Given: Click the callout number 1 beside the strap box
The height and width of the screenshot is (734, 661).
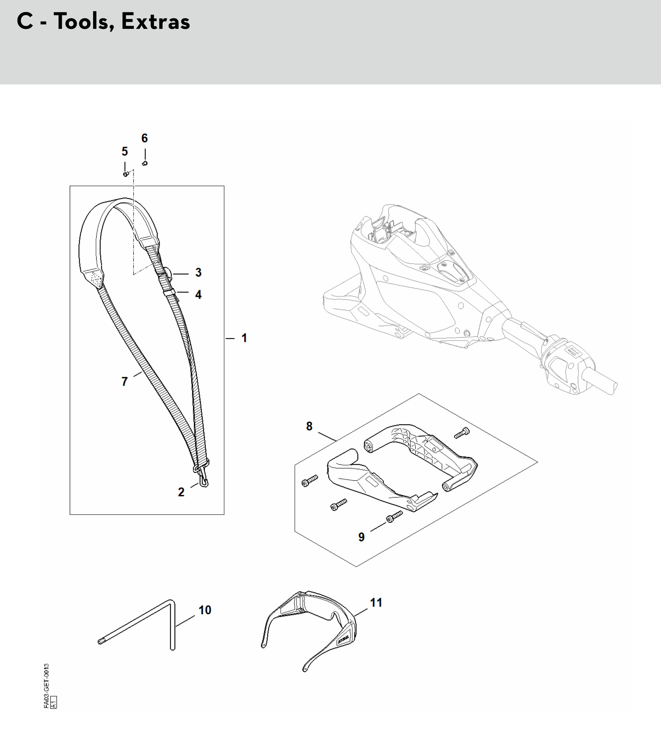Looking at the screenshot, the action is (x=244, y=338).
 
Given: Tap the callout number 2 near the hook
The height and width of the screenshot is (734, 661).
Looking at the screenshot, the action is (x=181, y=492).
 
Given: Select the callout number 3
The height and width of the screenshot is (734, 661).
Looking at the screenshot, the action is (x=198, y=272).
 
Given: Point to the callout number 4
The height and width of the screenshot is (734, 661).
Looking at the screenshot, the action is (x=198, y=295).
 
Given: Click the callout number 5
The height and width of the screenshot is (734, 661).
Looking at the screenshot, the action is (x=125, y=151).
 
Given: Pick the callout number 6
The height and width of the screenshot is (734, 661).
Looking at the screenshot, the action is (x=145, y=138).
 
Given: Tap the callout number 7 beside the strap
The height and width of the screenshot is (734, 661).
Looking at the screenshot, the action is (x=125, y=381).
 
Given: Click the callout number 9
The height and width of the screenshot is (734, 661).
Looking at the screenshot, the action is (x=361, y=537).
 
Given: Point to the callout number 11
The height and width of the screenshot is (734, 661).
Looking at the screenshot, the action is (x=376, y=603).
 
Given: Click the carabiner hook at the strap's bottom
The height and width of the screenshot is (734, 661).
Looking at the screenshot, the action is (x=203, y=478).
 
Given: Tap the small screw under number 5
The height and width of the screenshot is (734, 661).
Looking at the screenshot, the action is (x=126, y=175).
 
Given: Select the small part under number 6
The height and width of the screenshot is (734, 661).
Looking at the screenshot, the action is (x=145, y=163).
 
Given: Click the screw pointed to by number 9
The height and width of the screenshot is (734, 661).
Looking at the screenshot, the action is (x=394, y=516).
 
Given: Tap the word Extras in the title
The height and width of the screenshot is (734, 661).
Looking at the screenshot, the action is (x=156, y=22).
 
